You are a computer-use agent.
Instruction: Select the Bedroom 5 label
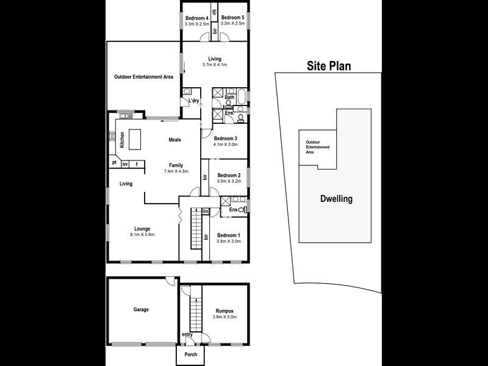pyautogui.click(x=232, y=18)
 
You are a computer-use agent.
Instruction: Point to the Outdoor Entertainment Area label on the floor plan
pyautogui.click(x=144, y=77)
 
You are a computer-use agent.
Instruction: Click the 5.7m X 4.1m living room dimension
pyautogui.click(x=214, y=65)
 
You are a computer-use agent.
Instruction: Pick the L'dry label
pyautogui.click(x=194, y=101)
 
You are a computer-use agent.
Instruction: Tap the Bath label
pyautogui.click(x=230, y=98)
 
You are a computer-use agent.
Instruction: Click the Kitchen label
pyautogui.click(x=122, y=140)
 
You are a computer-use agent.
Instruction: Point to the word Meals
pyautogui.click(x=176, y=140)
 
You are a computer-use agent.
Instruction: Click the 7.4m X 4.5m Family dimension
pyautogui.click(x=176, y=171)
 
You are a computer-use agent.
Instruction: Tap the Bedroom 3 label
pyautogui.click(x=226, y=138)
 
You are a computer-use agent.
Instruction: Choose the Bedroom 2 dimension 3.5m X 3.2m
pyautogui.click(x=229, y=182)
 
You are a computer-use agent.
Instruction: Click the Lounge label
pyautogui.click(x=142, y=229)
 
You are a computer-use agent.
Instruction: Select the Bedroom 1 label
pyautogui.click(x=229, y=235)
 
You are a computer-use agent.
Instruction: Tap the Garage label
pyautogui.click(x=141, y=310)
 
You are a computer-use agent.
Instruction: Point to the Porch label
pyautogui.click(x=192, y=354)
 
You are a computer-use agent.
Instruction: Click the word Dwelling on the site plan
pyautogui.click(x=336, y=199)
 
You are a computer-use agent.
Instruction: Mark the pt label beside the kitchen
pyautogui.click(x=114, y=163)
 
